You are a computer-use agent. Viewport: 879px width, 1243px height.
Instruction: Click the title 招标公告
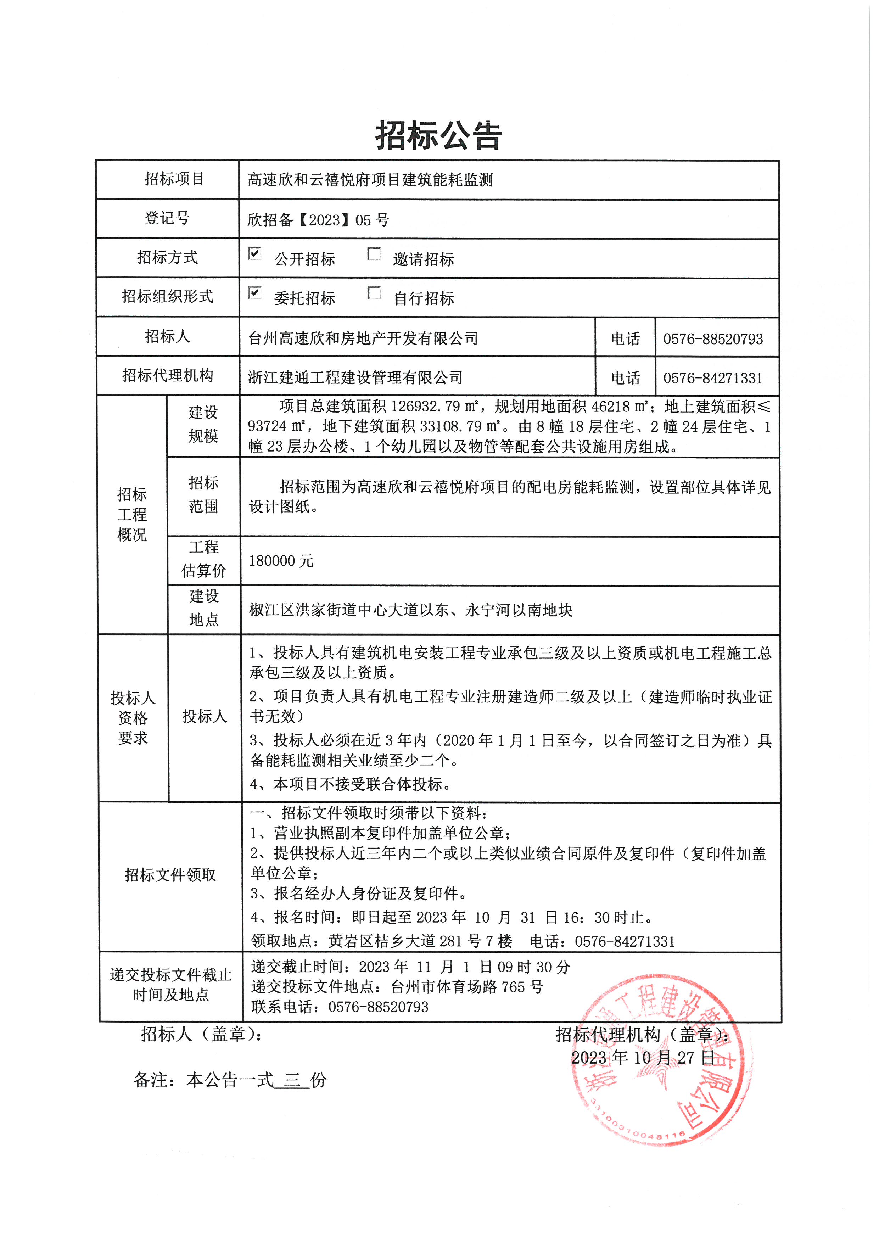click(x=438, y=135)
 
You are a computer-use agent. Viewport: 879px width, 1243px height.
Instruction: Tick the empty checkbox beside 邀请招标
click(x=374, y=253)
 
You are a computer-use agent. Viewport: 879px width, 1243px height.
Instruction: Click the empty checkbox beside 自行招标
click(x=374, y=293)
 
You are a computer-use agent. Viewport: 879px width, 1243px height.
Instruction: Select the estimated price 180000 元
click(x=281, y=561)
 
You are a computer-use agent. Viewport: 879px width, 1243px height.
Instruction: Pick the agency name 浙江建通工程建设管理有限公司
click(x=355, y=378)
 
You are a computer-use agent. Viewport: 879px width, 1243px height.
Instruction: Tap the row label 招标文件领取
click(x=170, y=875)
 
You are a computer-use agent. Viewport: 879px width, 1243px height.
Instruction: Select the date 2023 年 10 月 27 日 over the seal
click(x=643, y=1058)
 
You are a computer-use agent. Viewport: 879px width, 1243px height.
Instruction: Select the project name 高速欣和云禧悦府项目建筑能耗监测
click(x=370, y=180)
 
